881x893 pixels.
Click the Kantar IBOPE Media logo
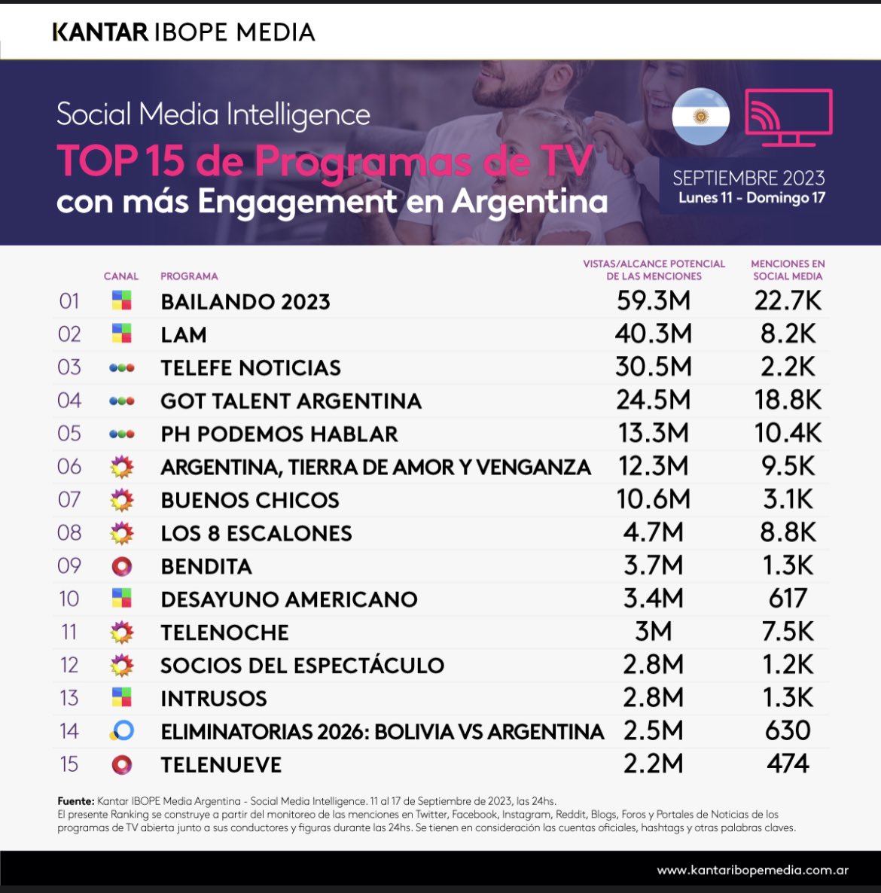coord(183,32)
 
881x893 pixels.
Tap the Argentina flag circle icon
coord(700,117)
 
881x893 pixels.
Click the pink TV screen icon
coord(788,117)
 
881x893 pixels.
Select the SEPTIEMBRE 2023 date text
coord(748,178)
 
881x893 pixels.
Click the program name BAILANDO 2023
coord(245,302)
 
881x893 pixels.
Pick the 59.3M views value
coord(653,301)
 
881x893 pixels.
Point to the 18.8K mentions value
coord(788,401)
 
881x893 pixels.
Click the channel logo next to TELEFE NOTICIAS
coord(121,368)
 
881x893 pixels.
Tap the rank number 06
coord(69,467)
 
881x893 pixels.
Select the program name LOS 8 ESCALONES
coord(256,534)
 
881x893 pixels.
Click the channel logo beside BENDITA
coord(121,566)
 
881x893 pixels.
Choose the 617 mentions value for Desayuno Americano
coord(788,599)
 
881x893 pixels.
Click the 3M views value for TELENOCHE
coord(653,632)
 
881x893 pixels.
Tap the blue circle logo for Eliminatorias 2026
coord(121,731)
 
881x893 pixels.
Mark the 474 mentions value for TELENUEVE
coord(788,764)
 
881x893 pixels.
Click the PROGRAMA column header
coord(189,276)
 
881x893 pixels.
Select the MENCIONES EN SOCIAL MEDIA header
coord(788,270)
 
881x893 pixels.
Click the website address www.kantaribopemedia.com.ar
coord(752,870)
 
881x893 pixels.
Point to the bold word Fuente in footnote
coord(75,801)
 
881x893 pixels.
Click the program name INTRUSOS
coord(214,699)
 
